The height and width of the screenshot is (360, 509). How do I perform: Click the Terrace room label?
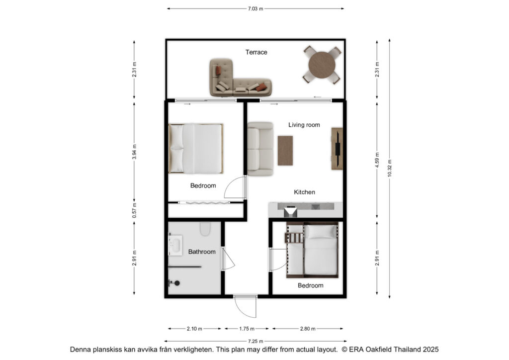click(x=256, y=52)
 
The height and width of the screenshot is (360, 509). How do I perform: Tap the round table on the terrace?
click(x=322, y=65)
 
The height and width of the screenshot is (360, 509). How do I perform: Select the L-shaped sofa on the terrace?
click(x=240, y=78)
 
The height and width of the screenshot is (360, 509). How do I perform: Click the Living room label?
click(x=304, y=125)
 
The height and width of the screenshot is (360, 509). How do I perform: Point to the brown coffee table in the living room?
click(x=285, y=151)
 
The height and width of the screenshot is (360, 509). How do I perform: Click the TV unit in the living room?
click(x=337, y=149)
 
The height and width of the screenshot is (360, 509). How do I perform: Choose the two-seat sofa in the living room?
click(x=260, y=149)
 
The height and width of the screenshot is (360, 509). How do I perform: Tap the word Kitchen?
click(x=305, y=192)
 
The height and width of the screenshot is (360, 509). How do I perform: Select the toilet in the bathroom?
click(x=205, y=229)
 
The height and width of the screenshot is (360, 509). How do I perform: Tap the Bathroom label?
click(x=202, y=252)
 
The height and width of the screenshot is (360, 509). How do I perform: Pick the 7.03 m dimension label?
click(x=255, y=9)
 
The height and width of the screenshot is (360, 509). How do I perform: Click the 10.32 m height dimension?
click(x=390, y=168)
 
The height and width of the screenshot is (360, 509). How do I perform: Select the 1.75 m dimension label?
click(x=247, y=329)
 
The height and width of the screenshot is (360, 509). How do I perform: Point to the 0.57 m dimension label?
click(x=134, y=210)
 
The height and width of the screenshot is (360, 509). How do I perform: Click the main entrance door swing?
click(x=246, y=306)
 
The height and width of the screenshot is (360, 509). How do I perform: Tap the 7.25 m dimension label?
click(x=255, y=342)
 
